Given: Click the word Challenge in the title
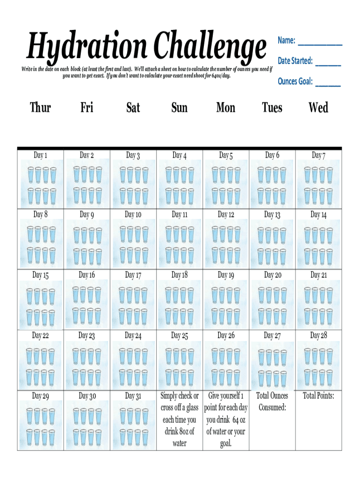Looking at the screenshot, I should [x=206, y=47].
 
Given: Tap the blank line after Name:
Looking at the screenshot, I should [x=320, y=43].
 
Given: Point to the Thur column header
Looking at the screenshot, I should [x=40, y=108].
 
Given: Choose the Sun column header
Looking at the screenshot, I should [x=179, y=108].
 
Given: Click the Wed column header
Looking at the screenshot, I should [x=318, y=108].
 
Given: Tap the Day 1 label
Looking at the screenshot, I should [x=40, y=155].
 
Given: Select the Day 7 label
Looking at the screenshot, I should [x=318, y=155].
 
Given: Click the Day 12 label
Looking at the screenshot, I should [x=225, y=215].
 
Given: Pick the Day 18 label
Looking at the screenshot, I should [x=179, y=275].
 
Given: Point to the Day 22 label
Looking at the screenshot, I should [x=40, y=335].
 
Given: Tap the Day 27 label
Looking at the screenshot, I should [x=272, y=335].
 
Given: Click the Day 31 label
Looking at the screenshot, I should [x=133, y=396].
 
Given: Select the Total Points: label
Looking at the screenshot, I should [x=318, y=396].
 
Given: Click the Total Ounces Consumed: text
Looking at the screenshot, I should [x=272, y=401].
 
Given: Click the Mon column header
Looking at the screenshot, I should [x=225, y=108].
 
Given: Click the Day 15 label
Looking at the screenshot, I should [x=40, y=275].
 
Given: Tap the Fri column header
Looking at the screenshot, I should [x=86, y=108].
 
